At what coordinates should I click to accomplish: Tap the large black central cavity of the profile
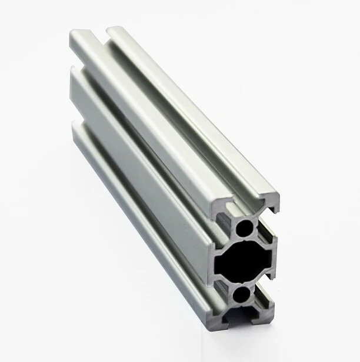point(243,260)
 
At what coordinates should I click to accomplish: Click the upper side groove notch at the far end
point(71,62)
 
